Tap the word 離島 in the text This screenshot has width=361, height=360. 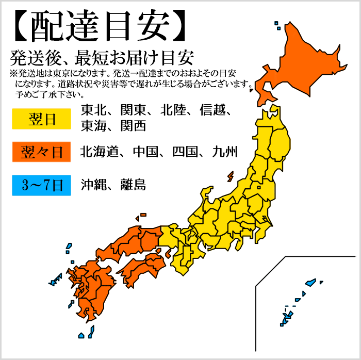[x=133, y=185]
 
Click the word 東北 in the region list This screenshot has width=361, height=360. [x=94, y=110]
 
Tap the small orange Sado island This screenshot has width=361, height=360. [x=229, y=177]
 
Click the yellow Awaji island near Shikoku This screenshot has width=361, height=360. [x=168, y=253]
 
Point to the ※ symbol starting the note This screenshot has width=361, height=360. [x=13, y=73]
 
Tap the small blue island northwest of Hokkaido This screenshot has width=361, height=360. [x=277, y=23]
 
